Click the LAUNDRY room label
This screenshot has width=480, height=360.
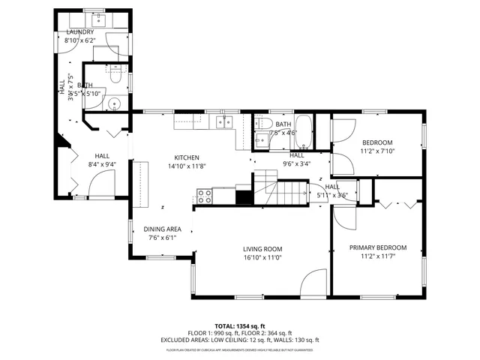click(x=79, y=32)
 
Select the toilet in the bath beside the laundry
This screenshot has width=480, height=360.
click(x=115, y=75)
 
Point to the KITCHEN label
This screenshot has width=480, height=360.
click(x=187, y=157)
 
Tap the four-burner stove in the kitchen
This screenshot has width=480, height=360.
click(x=204, y=196)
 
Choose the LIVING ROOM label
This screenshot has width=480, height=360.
click(x=262, y=249)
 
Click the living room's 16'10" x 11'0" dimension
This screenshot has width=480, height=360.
click(x=262, y=257)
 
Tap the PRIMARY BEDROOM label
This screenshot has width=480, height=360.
click(x=378, y=247)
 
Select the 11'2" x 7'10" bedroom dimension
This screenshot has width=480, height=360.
click(x=377, y=151)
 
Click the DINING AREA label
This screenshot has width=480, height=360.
click(x=163, y=229)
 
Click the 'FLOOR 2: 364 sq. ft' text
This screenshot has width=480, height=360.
click(x=268, y=333)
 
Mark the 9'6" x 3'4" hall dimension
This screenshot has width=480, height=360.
click(x=297, y=163)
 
